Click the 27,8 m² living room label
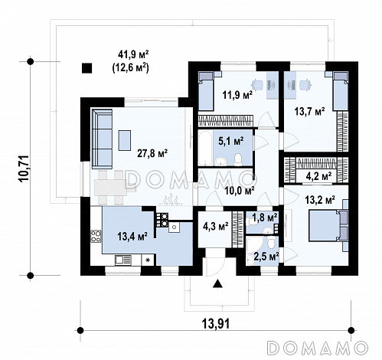pos(152,153)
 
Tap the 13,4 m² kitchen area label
pos(132,237)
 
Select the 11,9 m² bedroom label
pos(237,96)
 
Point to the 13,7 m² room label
pos(309,112)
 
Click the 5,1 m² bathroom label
pos(231,141)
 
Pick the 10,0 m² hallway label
pos(239,190)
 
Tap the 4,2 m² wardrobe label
pos(318,176)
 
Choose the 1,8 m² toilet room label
pos(265,218)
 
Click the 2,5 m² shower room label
pos(266,256)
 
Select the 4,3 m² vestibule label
pos(216,226)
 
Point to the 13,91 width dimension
pos(216,324)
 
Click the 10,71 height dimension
pos(24,169)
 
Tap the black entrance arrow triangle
pos(217,283)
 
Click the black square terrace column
pos(87,68)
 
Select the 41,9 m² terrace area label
pos(133,54)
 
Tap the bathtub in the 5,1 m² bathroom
pos(205,148)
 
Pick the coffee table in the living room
pos(125,140)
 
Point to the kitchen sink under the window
pos(123,260)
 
